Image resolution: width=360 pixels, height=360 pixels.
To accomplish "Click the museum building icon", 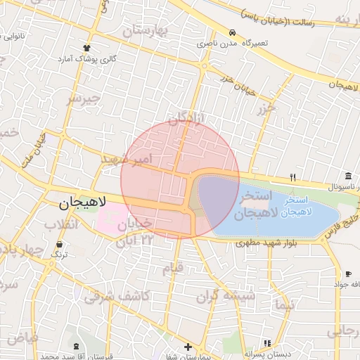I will coord(348,176).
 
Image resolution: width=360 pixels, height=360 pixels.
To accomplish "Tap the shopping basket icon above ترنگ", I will coord(58,244).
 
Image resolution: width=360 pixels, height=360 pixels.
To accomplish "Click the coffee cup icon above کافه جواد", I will coord(348,274).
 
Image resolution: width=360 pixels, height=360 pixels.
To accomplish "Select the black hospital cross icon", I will coord(188,347).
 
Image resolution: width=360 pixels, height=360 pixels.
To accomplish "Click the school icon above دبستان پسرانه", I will coord(266,343).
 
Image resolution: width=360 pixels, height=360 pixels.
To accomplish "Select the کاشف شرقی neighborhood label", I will coord(117,297).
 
